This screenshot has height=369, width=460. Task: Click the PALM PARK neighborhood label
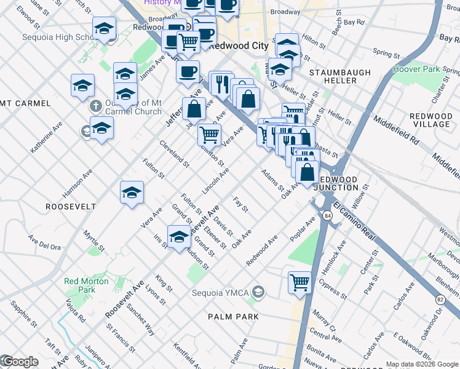pos(232,316)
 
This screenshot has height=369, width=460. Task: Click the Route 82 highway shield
pos(440,300)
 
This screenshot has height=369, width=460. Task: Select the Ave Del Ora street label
pos(45,242)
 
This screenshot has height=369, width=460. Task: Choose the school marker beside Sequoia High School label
pos(105,28)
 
